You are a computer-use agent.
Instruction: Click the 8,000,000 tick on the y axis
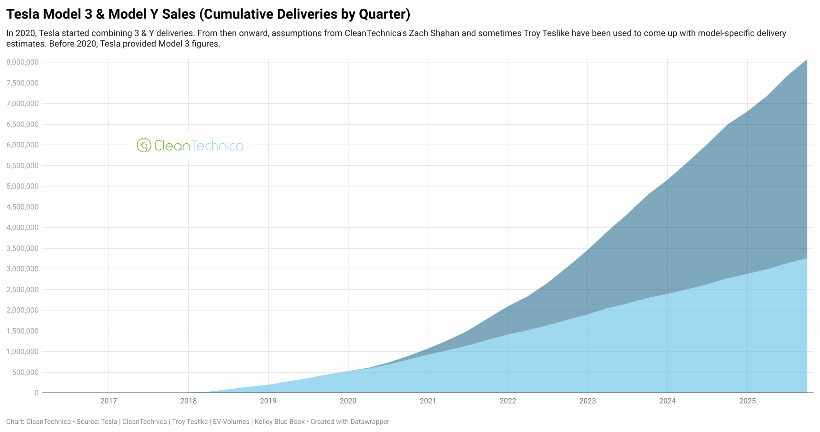point(22,62)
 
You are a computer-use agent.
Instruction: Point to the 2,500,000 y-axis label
point(22,290)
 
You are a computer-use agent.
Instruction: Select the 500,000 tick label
point(25,372)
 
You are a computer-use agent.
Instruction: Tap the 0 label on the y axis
point(37,393)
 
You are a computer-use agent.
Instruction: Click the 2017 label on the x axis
point(109,401)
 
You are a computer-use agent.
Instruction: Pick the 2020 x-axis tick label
point(348,401)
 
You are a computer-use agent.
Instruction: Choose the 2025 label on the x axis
point(747,401)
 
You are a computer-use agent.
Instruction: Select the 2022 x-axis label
point(508,401)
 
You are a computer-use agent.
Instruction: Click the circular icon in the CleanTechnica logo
point(144,145)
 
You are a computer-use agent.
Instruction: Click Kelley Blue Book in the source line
point(279,422)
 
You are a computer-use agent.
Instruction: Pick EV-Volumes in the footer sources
point(231,422)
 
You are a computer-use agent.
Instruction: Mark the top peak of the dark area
point(807,60)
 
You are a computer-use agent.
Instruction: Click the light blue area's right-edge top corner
point(807,259)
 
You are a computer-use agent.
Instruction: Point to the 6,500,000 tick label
point(22,124)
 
